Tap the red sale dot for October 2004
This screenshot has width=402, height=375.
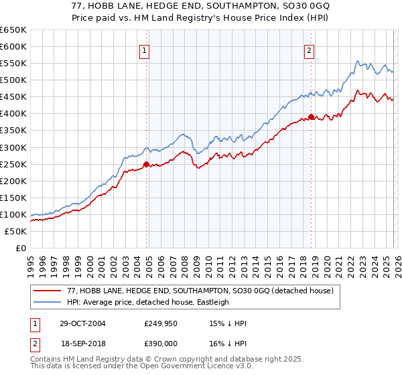pyautogui.click(x=146, y=163)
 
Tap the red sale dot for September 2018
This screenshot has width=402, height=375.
pyautogui.click(x=312, y=117)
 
